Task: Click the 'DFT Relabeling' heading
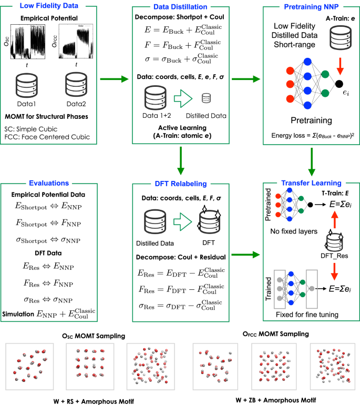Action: [180, 184]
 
